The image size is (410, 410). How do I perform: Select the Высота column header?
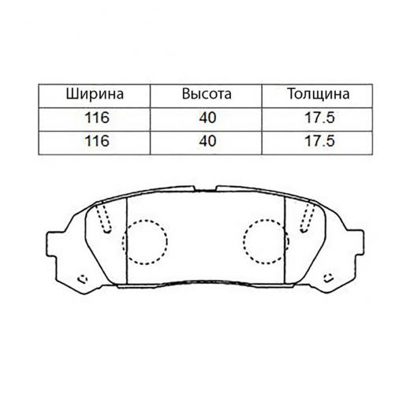206,94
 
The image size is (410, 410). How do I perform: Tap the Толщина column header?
318,94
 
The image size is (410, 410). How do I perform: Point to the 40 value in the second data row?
206,141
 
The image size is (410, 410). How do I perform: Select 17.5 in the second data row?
318,141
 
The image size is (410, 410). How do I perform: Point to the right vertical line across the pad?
285,240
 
